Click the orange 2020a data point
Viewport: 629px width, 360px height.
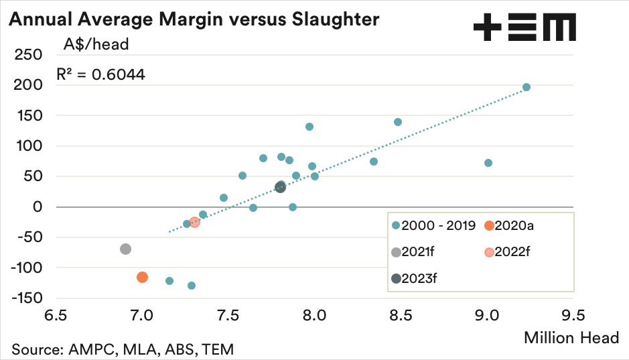pos(142,277)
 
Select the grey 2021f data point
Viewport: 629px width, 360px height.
pos(125,249)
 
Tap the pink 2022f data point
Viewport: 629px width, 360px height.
pos(194,222)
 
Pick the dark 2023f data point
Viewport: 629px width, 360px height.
pos(281,187)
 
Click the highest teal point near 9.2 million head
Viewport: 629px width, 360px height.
pos(527,87)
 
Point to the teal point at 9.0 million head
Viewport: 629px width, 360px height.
pos(488,163)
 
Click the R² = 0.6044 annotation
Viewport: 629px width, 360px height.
pos(100,73)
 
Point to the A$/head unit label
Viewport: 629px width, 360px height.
pos(96,45)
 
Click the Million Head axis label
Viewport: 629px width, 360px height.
pos(571,337)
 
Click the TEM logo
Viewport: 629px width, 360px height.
pos(524,27)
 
